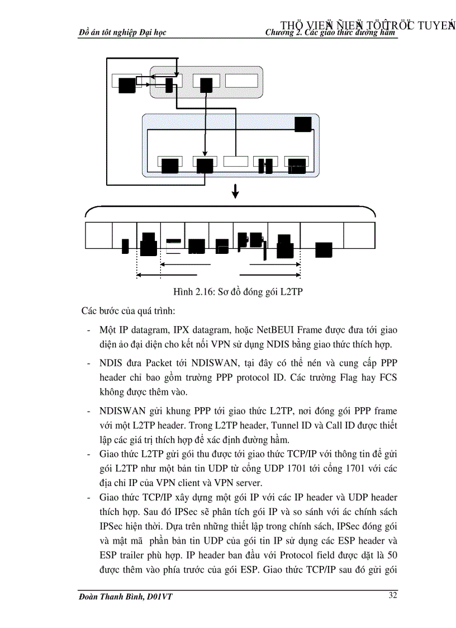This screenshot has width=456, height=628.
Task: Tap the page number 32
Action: (x=393, y=595)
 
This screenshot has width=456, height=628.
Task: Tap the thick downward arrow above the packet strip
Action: (x=235, y=191)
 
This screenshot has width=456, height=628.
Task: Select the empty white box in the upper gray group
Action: (x=241, y=81)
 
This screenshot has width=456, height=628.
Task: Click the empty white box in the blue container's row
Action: (x=235, y=162)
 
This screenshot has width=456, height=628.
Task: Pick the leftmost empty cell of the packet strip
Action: (x=98, y=235)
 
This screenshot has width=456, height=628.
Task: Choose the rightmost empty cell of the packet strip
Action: (x=358, y=235)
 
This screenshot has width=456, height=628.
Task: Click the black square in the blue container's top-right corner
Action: (x=303, y=124)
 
